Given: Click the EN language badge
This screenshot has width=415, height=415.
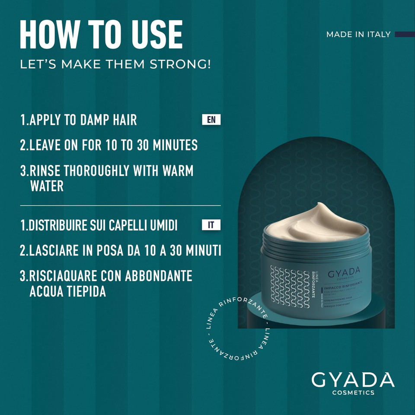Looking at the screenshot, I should tap(211, 120).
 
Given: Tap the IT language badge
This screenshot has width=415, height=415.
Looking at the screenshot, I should tap(211, 225).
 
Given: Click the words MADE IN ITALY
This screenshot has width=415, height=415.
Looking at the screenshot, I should tap(358, 35).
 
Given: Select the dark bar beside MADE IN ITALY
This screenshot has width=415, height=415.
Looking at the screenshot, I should tap(405, 34).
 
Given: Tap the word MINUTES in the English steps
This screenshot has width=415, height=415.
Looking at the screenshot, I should tap(172, 145).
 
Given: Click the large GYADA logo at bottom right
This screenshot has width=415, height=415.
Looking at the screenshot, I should tap(353, 380).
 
